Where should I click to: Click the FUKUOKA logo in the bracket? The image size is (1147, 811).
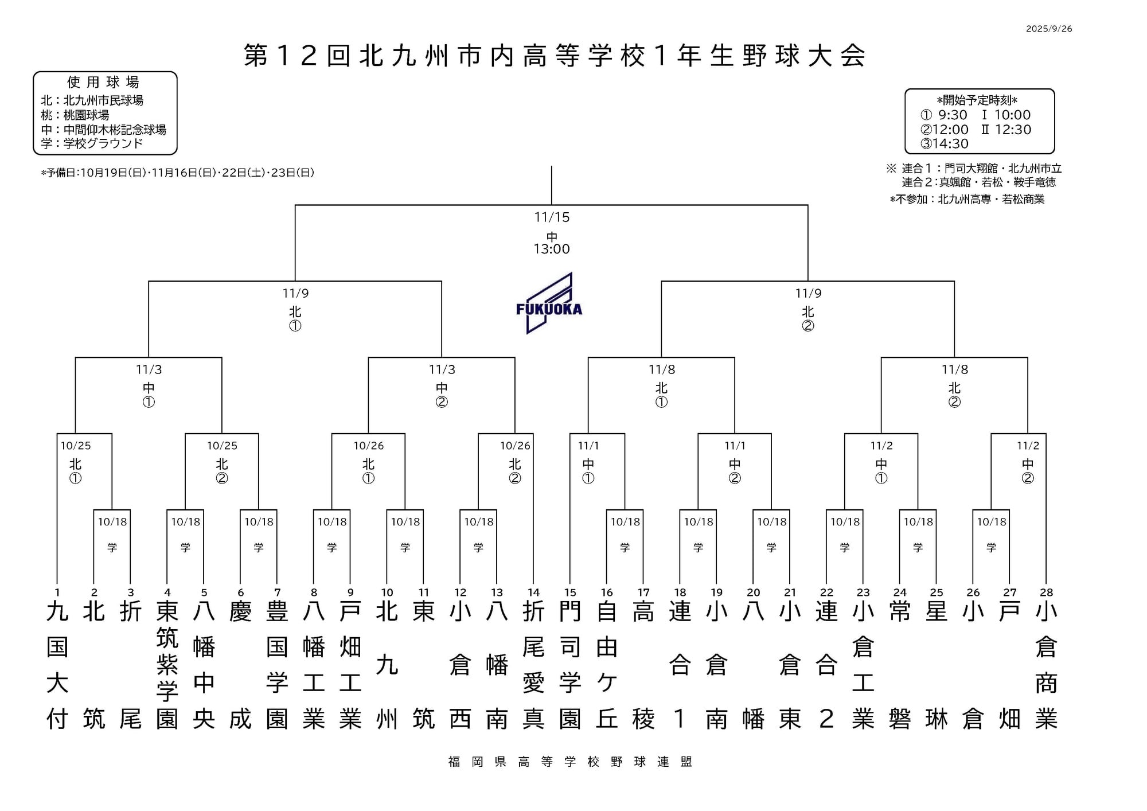click(x=549, y=304)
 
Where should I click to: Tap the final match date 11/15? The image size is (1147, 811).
click(x=552, y=217)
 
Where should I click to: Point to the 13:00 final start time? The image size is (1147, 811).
click(x=552, y=249)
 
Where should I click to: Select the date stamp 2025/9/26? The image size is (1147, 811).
click(x=1049, y=29)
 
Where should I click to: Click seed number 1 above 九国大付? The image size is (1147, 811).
click(x=57, y=592)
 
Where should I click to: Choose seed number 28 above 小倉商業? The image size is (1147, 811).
click(x=1046, y=592)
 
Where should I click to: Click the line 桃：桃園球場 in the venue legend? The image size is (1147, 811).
click(x=75, y=115)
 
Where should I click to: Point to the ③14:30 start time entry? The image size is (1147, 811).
click(x=944, y=143)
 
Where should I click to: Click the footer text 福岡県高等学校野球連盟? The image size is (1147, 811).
click(x=570, y=762)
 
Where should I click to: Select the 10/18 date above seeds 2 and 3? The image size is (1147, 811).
click(x=112, y=522)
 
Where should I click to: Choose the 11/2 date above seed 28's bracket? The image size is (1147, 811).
click(x=1028, y=446)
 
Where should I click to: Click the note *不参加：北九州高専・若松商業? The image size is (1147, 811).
click(x=967, y=200)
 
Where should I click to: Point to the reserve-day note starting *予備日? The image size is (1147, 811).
click(x=177, y=173)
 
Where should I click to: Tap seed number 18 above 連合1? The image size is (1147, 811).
click(x=680, y=592)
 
